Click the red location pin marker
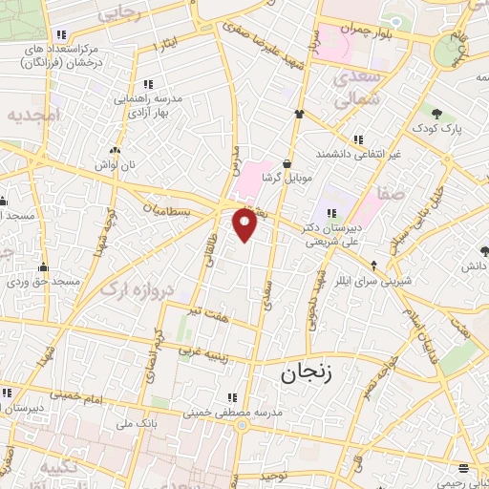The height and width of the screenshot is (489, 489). tap(245, 225)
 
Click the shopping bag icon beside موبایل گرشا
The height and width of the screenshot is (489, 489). tap(287, 162)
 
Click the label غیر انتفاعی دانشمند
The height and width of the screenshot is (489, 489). tap(360, 153)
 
